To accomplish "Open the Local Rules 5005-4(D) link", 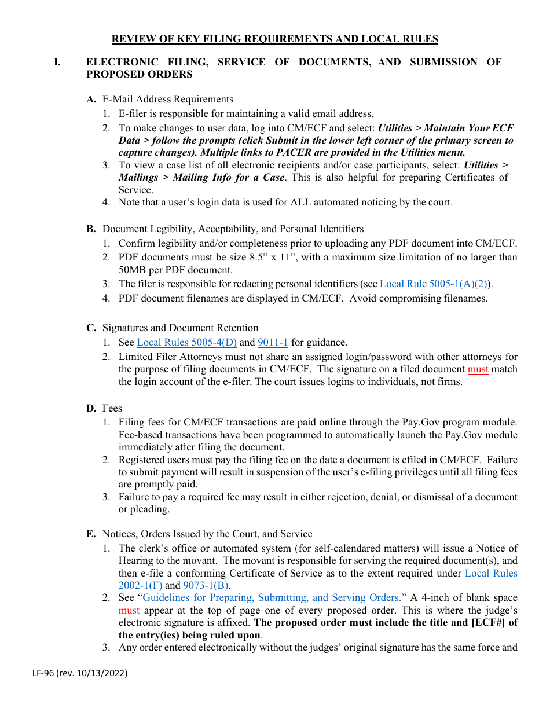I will [x=186, y=342].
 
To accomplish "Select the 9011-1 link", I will [x=273, y=342].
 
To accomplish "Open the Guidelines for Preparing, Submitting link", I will [x=272, y=597].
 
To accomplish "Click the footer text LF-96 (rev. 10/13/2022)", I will [x=79, y=673].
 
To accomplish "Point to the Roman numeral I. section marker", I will [x=57, y=62].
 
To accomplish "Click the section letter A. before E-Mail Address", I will [x=91, y=99].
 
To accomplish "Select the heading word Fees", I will [x=112, y=408].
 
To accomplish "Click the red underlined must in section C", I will [x=478, y=369].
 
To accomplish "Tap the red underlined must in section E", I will [x=129, y=610].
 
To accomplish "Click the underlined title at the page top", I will [x=274, y=39].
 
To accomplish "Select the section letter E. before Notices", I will [x=91, y=534].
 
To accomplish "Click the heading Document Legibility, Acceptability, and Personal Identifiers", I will [x=233, y=229].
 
